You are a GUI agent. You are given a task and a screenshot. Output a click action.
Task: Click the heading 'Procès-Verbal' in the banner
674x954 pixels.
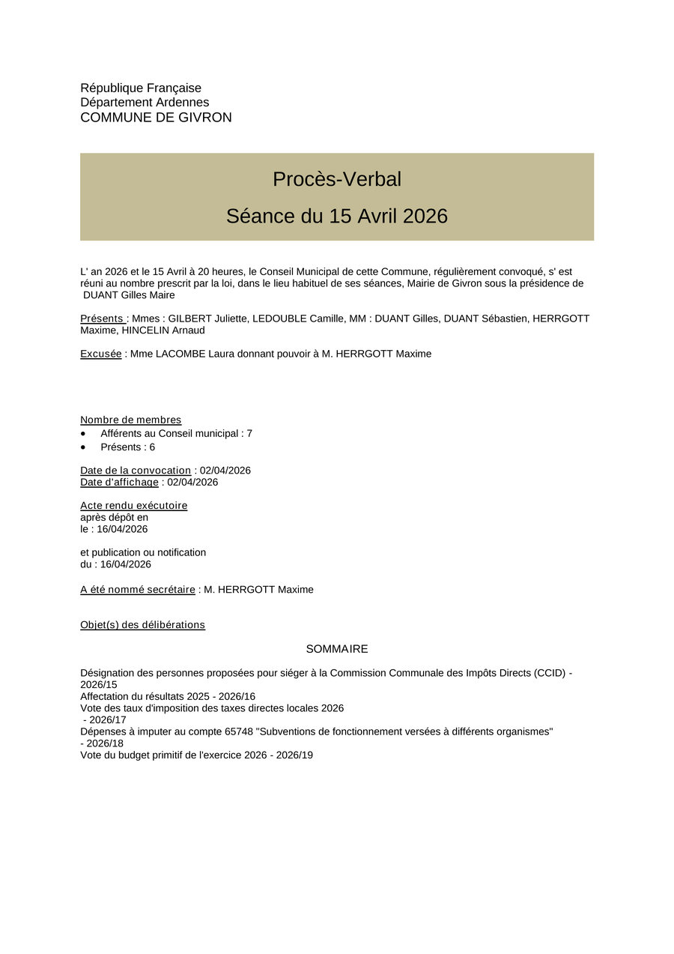coord(337,179)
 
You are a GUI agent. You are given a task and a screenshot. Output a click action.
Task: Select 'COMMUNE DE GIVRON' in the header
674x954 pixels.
coord(156,118)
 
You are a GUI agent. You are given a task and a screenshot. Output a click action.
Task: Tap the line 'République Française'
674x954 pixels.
coord(141,88)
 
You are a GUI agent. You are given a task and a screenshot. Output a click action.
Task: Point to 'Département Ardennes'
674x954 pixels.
coord(145,103)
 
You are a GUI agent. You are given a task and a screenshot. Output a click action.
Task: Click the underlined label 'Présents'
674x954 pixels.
coord(103,318)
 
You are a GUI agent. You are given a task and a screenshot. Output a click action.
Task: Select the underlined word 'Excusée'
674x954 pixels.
coord(101,354)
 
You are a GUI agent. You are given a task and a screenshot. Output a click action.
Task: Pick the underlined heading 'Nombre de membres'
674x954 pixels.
coord(131,420)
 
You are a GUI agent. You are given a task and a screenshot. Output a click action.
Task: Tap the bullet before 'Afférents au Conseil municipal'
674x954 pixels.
coord(83,434)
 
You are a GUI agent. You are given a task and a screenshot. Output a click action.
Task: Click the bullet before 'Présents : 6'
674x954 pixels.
coord(83,447)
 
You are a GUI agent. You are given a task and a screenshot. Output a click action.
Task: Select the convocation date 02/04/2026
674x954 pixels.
coord(225,471)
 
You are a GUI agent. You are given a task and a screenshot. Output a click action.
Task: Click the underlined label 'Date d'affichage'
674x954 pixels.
coord(119,483)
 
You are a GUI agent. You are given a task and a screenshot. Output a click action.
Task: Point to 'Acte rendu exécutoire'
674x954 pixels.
coord(134,506)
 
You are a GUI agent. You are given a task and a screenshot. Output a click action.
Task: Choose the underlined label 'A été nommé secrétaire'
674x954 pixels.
coord(138,590)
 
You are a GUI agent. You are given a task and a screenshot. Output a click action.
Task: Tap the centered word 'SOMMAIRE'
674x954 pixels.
coord(337,649)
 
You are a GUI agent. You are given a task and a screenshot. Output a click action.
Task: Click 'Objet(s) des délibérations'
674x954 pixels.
coord(142,625)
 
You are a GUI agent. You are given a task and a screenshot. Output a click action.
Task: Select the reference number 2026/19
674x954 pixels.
coord(294,755)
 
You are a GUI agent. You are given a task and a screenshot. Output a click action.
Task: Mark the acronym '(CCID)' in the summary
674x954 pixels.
coord(550,673)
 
